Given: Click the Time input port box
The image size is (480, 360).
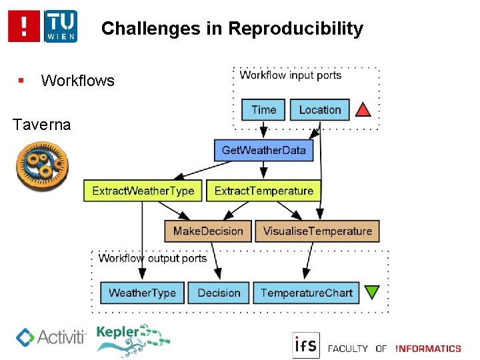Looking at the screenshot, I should tap(263, 109).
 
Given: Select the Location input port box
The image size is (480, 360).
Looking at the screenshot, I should tap(319, 109).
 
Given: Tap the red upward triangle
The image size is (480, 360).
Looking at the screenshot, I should tap(363, 109).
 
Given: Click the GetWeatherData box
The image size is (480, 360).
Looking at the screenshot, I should tap(263, 150).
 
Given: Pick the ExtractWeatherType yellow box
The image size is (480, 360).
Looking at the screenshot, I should tap(143, 191).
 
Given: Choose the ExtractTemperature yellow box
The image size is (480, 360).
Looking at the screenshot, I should tap(263, 191).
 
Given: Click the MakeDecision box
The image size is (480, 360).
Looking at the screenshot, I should tap(208, 231).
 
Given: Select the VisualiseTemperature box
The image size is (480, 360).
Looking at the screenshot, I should tap(317, 231).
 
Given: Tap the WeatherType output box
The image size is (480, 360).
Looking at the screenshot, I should tap(142, 293).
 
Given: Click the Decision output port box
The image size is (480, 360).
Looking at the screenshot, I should tap(219, 293).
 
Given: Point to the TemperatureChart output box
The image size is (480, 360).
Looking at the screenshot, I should tap(306, 293).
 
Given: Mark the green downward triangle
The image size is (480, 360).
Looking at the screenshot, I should tap(372, 292).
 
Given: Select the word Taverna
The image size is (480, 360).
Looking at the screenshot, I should tap(41, 125).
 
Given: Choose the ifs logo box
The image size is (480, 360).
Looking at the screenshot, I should tap(306, 345).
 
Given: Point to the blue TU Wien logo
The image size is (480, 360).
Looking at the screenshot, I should tap(61, 27).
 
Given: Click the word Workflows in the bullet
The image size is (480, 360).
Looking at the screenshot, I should tap(77, 81).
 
